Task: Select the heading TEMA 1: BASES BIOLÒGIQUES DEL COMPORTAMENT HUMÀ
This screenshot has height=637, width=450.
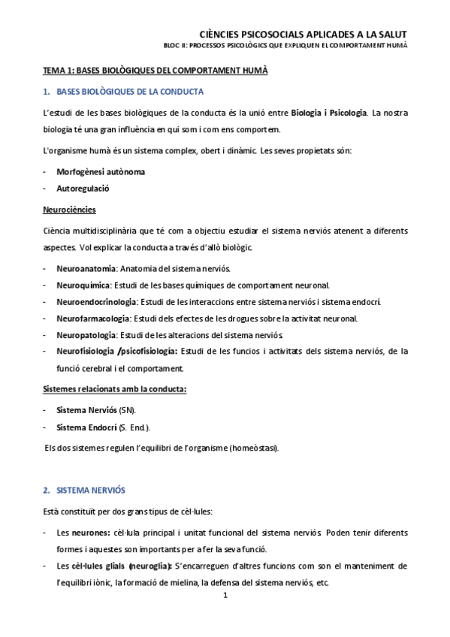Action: pos(155,70)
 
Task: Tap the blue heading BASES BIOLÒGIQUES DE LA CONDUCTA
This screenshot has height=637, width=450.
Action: pos(130,91)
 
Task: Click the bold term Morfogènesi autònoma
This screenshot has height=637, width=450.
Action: pos(101,171)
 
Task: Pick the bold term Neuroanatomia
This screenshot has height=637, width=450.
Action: pos(86,268)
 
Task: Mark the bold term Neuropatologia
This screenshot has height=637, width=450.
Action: pos(86,335)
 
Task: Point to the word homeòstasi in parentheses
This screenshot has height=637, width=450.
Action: pos(254,448)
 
